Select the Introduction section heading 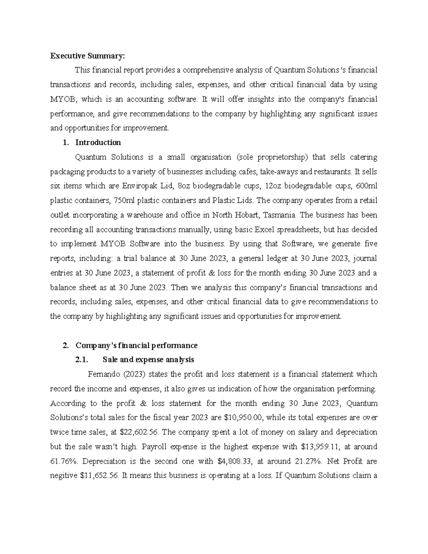(x=98, y=143)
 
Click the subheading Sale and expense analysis (x=148, y=360)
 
